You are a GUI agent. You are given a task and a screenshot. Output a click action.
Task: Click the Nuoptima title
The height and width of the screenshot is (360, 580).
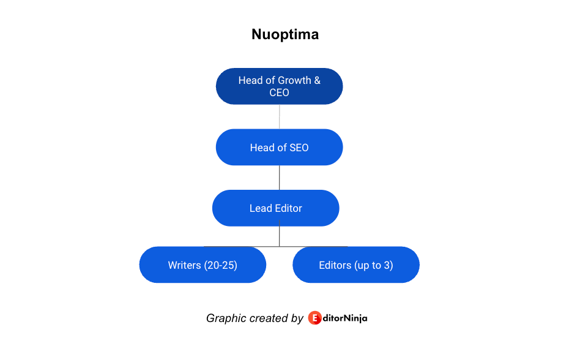(x=285, y=34)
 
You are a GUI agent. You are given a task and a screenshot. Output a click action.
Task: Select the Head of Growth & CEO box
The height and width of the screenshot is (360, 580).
(x=279, y=86)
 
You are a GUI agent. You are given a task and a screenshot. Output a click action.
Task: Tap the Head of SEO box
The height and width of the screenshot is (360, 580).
(x=279, y=148)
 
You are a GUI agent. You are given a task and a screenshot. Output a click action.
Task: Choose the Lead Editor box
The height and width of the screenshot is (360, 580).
(x=275, y=208)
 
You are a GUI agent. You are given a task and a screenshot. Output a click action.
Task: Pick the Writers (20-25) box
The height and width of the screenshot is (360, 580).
(x=203, y=265)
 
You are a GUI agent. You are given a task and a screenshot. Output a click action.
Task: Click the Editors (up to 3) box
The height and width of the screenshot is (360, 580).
(x=356, y=265)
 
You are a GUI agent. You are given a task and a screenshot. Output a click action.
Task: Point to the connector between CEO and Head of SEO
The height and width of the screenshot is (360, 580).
(x=279, y=116)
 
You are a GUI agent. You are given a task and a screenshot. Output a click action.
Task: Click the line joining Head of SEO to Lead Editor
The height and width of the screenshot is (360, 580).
(x=279, y=178)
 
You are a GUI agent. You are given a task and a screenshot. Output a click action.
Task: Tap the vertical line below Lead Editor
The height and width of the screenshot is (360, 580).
(x=279, y=236)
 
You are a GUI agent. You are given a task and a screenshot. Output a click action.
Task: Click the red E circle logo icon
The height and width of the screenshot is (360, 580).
(x=315, y=318)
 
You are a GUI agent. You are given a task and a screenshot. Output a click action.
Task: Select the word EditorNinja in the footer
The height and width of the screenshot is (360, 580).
(x=338, y=318)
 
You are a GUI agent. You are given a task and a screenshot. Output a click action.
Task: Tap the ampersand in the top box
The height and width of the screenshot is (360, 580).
(x=317, y=80)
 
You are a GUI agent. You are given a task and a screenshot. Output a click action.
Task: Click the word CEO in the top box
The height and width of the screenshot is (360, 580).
(x=279, y=92)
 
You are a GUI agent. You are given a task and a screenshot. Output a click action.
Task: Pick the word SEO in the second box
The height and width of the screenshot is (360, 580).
(x=299, y=148)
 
